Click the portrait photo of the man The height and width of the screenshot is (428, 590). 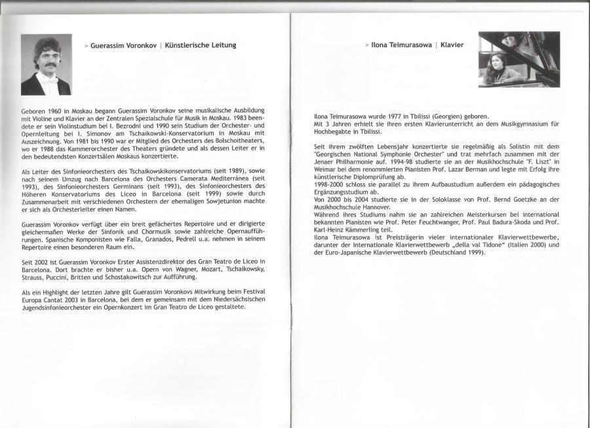click(x=47, y=65)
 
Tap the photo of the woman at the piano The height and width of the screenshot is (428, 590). click(x=519, y=60)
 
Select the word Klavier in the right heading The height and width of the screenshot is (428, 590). click(x=452, y=45)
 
